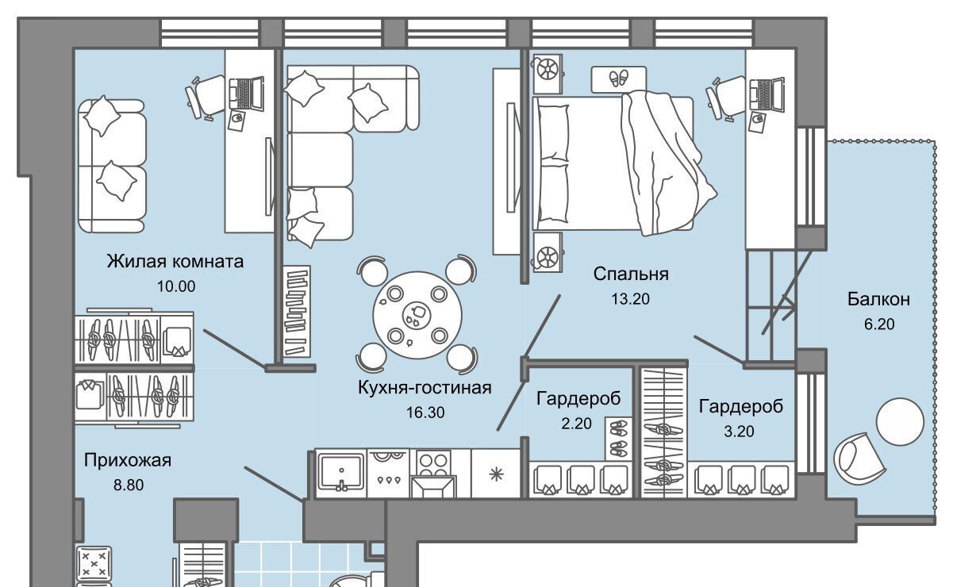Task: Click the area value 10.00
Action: [x=176, y=286]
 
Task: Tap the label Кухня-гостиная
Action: [x=425, y=388]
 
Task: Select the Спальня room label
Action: [x=631, y=274]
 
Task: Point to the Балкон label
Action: [x=878, y=299]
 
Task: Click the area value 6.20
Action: [x=879, y=324]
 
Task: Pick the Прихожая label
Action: [x=128, y=460]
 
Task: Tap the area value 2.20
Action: [x=576, y=424]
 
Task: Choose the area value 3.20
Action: [x=739, y=432]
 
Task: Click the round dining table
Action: [x=417, y=315]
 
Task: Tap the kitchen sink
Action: [x=342, y=472]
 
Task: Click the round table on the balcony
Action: [x=901, y=421]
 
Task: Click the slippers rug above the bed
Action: [x=619, y=79]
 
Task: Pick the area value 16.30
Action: [x=425, y=412]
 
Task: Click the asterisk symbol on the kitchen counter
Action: [x=496, y=474]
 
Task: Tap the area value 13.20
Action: [x=631, y=298]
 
